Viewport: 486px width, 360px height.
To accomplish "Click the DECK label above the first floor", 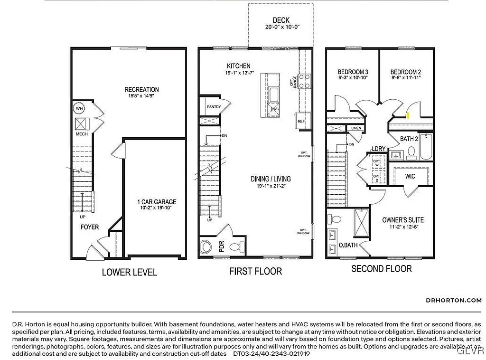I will point(281,20).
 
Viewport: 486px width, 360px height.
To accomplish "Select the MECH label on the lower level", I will point(82,134).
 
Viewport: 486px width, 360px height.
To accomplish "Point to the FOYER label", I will point(89,227).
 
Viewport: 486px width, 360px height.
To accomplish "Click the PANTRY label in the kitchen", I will point(214,107).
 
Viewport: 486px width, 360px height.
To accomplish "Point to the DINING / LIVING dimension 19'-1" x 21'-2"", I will point(271,186).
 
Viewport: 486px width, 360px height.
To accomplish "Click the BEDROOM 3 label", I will point(353,72).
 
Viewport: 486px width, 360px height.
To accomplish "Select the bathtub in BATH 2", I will point(427,147).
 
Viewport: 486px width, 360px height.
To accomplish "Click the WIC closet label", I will point(411,176).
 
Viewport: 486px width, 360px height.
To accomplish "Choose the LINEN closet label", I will point(356,128).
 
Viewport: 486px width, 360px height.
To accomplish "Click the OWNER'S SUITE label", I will point(403,220).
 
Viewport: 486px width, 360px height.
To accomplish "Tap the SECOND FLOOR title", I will point(381,269).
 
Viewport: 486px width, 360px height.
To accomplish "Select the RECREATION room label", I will point(141,89).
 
